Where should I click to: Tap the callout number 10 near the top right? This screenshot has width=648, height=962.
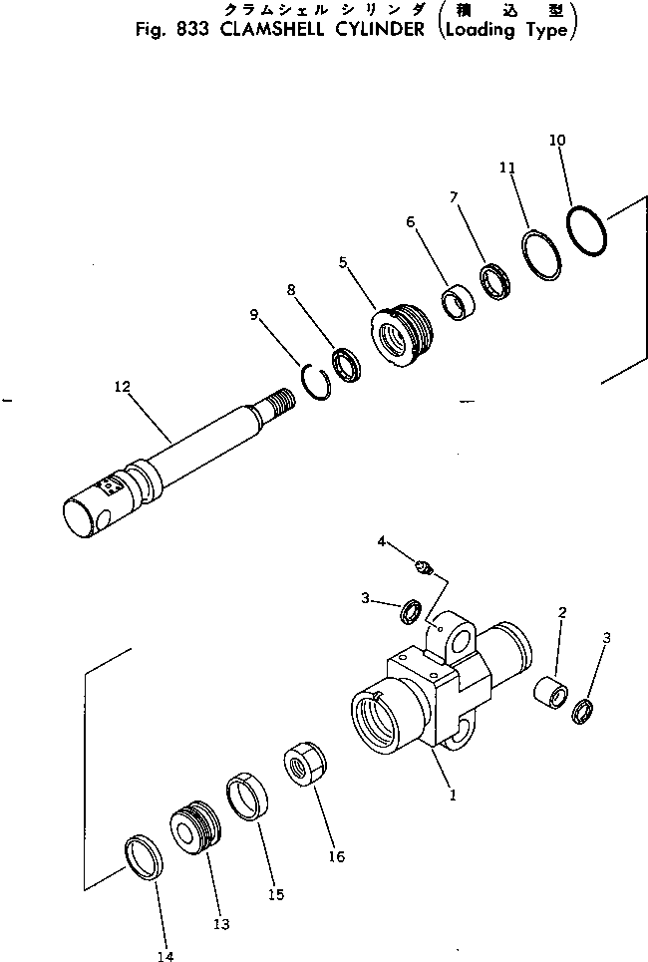(556, 141)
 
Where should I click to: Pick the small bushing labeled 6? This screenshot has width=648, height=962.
(459, 302)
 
